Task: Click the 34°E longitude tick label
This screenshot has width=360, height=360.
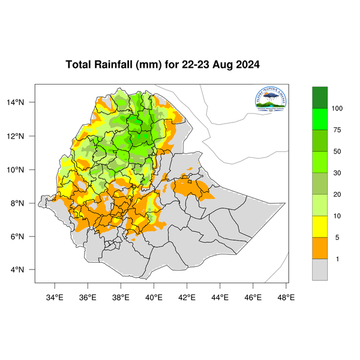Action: pos(55,296)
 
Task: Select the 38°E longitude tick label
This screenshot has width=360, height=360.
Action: pos(121,296)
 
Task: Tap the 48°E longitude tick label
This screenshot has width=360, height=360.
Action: pos(286,296)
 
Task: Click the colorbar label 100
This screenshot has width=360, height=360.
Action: pos(337,109)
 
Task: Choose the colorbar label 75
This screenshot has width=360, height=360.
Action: pos(337,130)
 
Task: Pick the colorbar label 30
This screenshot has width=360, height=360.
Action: pos(337,173)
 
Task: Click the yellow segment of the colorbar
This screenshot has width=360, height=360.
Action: pos(320,227)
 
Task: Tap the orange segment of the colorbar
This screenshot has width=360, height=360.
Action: pos(320,248)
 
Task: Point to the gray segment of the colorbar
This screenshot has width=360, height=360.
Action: pos(320,270)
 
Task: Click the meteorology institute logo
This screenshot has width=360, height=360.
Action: pos(271,100)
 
